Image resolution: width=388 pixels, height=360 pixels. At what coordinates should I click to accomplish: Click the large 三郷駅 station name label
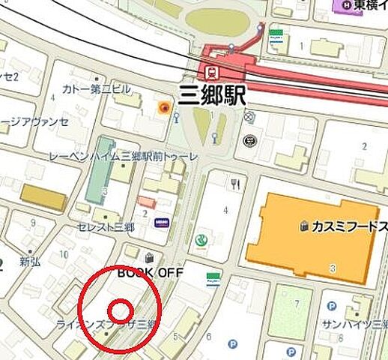[x=213, y=95]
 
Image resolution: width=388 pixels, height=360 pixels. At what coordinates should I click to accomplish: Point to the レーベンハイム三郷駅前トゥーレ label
[x=124, y=156]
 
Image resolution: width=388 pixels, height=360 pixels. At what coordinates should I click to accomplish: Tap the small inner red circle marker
[x=121, y=310]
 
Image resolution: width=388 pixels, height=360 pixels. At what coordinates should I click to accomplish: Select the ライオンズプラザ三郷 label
[x=105, y=324]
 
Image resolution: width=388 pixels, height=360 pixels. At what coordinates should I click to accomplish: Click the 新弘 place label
[x=30, y=262]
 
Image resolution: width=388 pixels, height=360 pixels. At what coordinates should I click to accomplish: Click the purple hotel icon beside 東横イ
[x=346, y=5]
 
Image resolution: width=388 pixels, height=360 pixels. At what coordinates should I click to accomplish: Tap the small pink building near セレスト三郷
[x=147, y=202]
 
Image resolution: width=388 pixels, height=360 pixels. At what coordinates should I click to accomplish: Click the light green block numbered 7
[x=291, y=310]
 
